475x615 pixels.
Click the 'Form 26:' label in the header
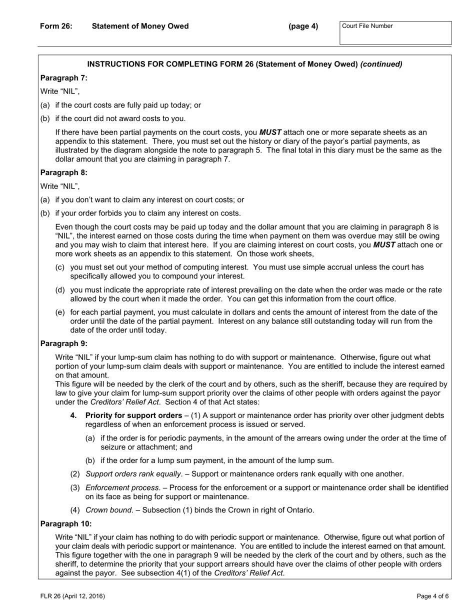pos(56,26)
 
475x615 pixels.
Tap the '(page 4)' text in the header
pos(303,26)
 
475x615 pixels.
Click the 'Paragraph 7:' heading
pos(63,77)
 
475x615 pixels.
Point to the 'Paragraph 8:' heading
pos(63,172)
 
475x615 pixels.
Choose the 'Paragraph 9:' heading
pos(63,343)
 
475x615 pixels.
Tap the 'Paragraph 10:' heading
pos(65,523)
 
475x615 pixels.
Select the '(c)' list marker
pos(60,267)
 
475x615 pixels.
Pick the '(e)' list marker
pos(60,312)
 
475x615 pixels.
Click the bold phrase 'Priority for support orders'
pos(133,415)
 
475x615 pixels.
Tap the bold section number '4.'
pos(73,415)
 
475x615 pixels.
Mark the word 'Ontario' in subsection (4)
pos(299,510)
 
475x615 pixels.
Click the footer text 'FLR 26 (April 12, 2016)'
pos(73,596)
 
